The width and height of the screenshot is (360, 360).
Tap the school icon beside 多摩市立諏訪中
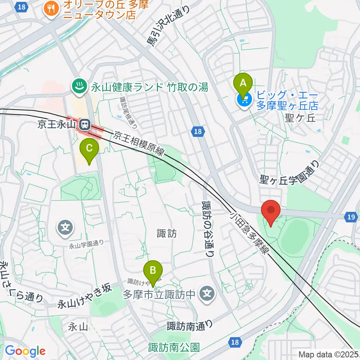click(207, 293)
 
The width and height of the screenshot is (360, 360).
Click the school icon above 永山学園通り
click(65, 227)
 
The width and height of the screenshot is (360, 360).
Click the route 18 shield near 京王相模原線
click(198, 131)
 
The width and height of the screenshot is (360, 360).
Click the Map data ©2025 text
click(329, 354)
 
